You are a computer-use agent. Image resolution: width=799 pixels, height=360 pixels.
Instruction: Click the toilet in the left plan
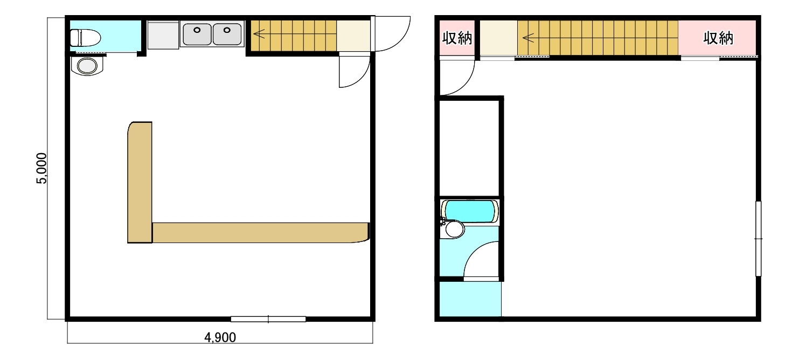85,38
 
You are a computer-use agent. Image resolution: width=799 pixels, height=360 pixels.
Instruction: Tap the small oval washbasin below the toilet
87,66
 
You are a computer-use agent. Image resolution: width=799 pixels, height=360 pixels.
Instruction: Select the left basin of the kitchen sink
197,34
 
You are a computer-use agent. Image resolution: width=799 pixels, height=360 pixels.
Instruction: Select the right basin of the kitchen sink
227,34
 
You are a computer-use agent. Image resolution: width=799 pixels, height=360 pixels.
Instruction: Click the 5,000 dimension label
41,168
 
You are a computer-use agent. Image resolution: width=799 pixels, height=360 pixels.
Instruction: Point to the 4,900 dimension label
220,337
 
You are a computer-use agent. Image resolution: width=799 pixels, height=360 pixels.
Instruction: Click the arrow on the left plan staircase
259,34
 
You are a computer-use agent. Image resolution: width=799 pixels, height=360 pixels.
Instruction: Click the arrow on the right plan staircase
529,37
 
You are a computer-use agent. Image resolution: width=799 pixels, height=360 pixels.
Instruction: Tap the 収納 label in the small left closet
457,38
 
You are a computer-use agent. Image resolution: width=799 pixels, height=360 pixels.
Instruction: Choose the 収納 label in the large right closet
718,38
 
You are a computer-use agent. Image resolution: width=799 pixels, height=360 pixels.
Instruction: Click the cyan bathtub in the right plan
470,212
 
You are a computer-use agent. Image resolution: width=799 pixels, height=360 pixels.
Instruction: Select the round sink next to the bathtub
453,229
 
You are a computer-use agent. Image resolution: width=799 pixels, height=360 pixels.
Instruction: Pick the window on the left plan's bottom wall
268,319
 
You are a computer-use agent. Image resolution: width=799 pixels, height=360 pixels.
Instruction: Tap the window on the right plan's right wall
759,238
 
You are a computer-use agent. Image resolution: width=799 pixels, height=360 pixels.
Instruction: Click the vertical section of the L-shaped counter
140,182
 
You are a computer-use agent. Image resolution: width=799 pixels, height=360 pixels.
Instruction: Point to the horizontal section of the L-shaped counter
260,233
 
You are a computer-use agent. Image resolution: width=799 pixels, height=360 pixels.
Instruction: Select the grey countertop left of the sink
163,35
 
